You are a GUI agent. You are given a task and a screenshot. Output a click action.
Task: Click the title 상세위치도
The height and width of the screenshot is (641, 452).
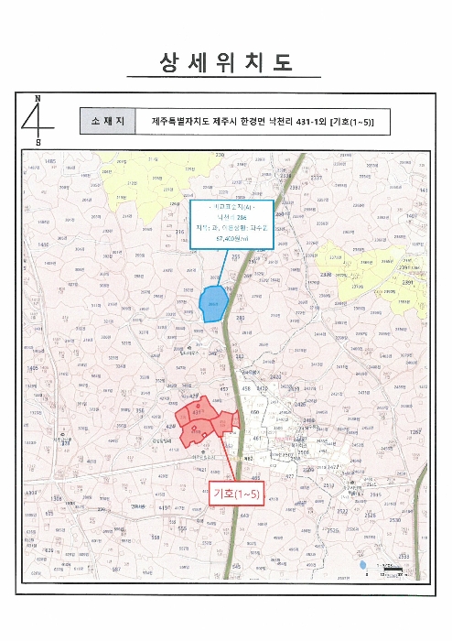[225, 62]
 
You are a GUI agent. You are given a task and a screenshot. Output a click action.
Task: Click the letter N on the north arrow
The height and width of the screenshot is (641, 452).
[38, 98]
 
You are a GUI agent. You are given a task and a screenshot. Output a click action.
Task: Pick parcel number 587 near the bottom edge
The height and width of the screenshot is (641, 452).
[117, 570]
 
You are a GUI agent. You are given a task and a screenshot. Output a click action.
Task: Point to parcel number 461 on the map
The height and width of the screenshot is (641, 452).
[256, 439]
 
